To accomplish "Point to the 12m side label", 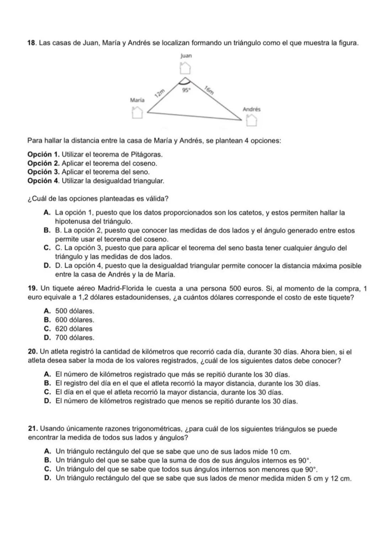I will (x=160, y=93).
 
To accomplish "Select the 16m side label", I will (x=209, y=90).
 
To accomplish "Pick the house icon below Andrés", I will (x=251, y=120).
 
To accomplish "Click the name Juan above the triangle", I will (x=186, y=56).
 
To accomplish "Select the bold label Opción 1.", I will (x=44, y=155).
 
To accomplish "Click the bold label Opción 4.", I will (x=44, y=181).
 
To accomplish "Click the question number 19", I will (x=33, y=289).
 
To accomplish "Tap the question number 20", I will (x=33, y=352).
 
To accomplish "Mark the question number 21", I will (x=33, y=429).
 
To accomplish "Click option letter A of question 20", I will (x=47, y=375).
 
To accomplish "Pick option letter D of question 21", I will (x=47, y=478).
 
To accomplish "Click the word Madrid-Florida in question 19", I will (x=119, y=289).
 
